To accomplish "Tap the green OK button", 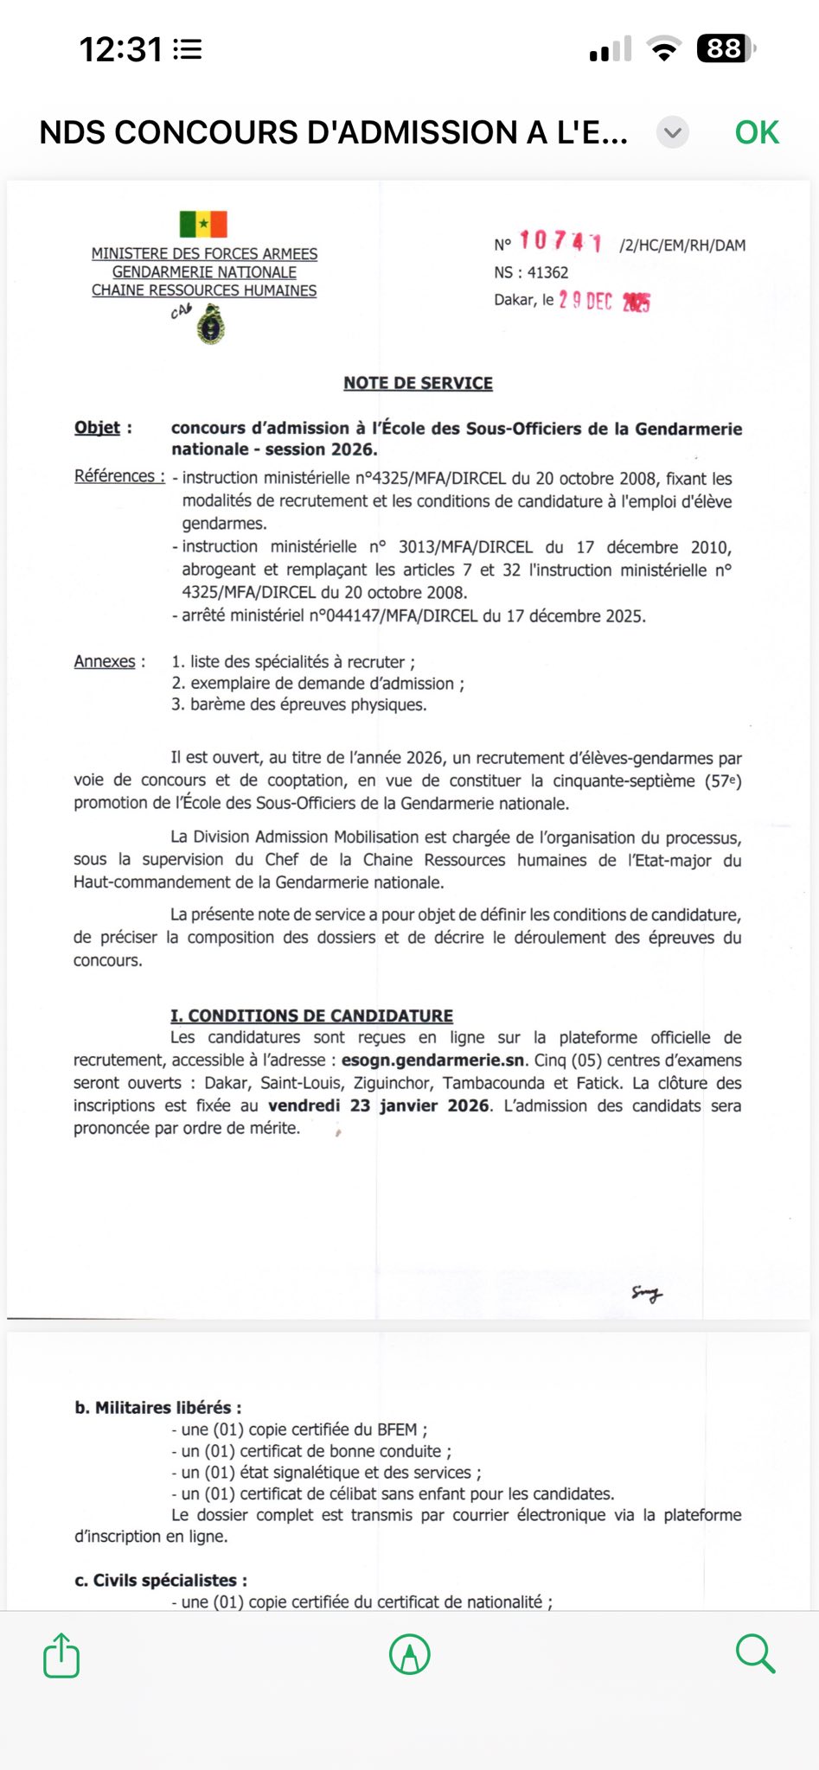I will coord(757,132).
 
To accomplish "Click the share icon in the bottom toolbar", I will coord(61,1655).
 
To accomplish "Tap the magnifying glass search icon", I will coord(755,1653).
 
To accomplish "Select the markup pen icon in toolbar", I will coord(410,1654).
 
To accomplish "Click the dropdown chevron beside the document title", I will coord(672,133).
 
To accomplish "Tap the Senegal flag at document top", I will coord(203,224).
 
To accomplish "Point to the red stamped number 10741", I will coord(560,241).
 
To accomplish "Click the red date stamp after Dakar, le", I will coord(605,301).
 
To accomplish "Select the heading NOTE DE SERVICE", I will coord(418,383).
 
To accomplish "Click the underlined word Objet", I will coord(97,428).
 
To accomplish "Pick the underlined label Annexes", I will coord(105,661).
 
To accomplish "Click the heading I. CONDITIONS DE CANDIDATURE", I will coord(311,1016).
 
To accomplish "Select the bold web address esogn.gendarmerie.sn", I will coord(432,1060).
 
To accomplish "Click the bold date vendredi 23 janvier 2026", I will coord(379,1105).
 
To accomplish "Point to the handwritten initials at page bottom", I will coord(646,1294).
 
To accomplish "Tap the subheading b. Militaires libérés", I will coord(157,1407).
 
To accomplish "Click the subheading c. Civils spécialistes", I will coord(161,1580).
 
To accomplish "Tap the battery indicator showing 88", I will coord(725,48).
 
